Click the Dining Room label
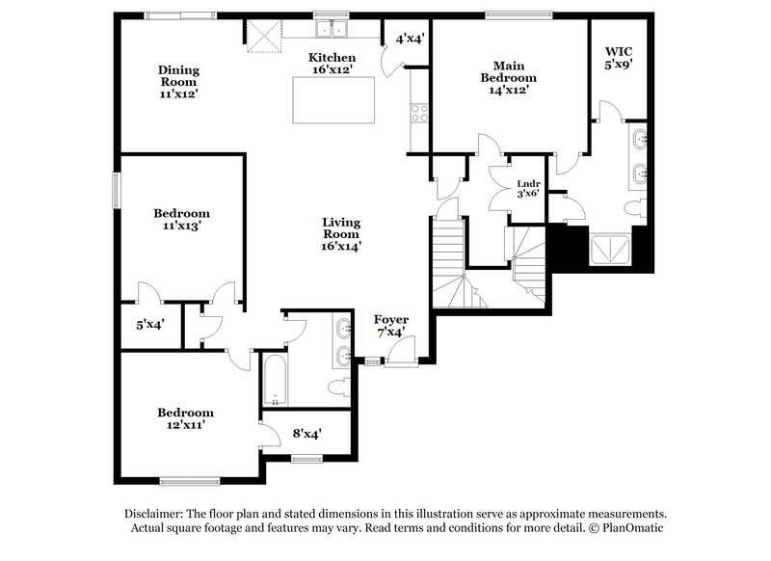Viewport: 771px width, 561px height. [x=179, y=82]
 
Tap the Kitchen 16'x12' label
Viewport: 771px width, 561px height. [x=332, y=64]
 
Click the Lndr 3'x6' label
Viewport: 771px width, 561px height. [x=527, y=188]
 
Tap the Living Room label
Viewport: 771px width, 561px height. [x=341, y=233]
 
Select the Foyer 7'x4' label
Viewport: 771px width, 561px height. [x=391, y=325]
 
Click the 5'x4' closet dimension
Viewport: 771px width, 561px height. [x=149, y=325]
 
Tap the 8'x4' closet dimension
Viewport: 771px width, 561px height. [x=306, y=434]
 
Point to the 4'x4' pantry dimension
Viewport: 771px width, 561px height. [x=411, y=39]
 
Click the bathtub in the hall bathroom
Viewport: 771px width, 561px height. [x=275, y=381]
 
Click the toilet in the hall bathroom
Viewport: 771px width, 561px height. [x=337, y=387]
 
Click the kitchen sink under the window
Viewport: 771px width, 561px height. [x=332, y=28]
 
